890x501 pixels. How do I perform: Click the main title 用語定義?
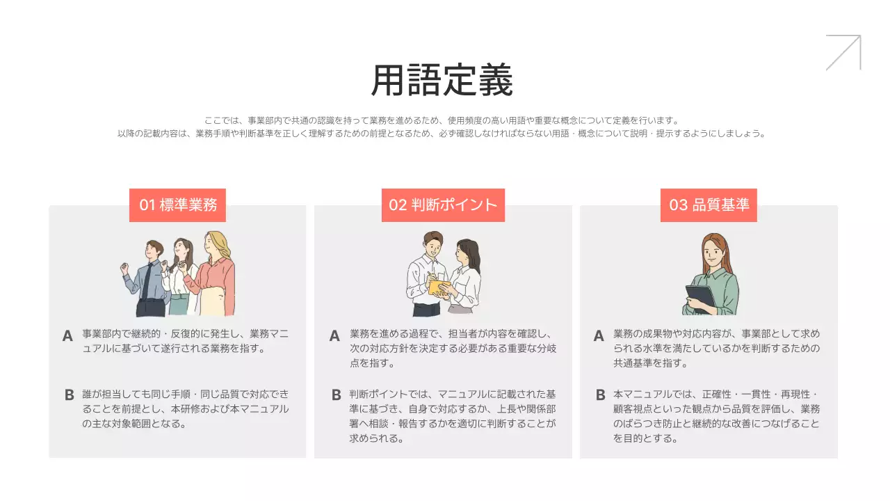[x=442, y=81]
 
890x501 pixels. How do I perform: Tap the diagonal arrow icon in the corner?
[x=843, y=53]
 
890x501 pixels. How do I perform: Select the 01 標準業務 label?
[x=178, y=205]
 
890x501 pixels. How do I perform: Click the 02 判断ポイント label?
[x=443, y=205]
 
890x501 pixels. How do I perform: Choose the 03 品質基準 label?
[x=709, y=205]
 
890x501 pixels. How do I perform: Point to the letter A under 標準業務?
[x=67, y=336]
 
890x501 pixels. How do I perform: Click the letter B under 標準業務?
[x=69, y=395]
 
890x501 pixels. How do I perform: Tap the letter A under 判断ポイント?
[x=334, y=336]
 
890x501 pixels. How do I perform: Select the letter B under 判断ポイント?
[x=336, y=395]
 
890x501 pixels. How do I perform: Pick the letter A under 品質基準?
[x=599, y=336]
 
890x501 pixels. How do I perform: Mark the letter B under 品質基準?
[x=600, y=395]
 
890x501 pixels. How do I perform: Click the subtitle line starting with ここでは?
[x=442, y=120]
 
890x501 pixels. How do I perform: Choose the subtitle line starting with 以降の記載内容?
[x=442, y=134]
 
